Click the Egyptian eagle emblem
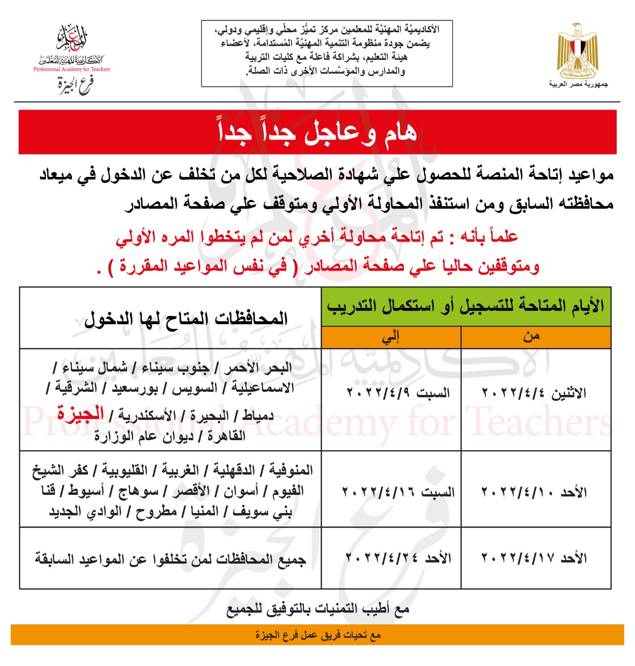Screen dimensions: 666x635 point(578,50)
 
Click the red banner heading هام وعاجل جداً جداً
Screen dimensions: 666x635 point(317,132)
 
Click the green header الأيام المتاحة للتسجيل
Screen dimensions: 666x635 point(466,306)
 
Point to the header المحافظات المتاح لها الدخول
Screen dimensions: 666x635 point(186,318)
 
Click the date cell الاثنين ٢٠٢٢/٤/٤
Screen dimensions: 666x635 point(535,393)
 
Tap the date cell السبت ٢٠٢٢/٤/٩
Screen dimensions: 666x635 point(398,393)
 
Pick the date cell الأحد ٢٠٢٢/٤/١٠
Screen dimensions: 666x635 point(535,492)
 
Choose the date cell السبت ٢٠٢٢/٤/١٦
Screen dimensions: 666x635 point(398,492)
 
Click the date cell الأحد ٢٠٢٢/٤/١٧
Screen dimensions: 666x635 point(535,558)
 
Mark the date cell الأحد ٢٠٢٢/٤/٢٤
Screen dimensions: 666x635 point(398,558)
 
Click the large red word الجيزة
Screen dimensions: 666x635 point(81,414)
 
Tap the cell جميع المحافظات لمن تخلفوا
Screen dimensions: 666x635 point(170,559)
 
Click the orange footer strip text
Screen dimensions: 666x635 point(317,635)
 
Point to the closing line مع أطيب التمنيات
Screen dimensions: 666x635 point(317,609)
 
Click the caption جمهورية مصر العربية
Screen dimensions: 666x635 point(578,84)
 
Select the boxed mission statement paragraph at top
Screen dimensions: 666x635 point(327,50)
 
